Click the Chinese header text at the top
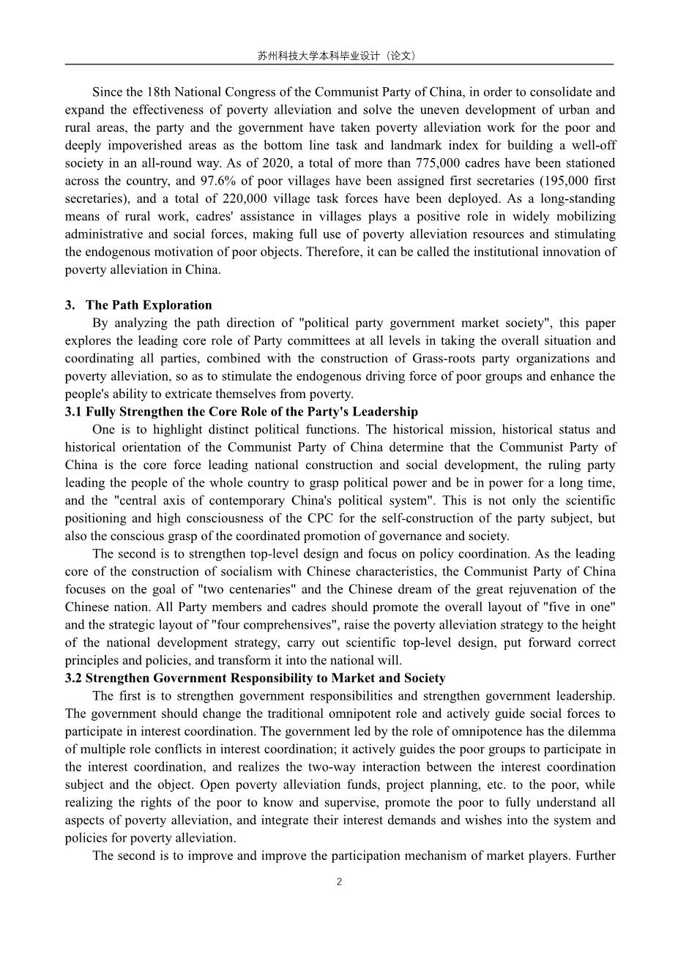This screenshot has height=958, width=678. coord(339,56)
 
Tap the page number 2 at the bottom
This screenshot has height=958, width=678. coord(339,882)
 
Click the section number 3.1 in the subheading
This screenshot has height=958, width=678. coord(73,412)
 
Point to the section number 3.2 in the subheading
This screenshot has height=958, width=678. coord(73,678)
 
